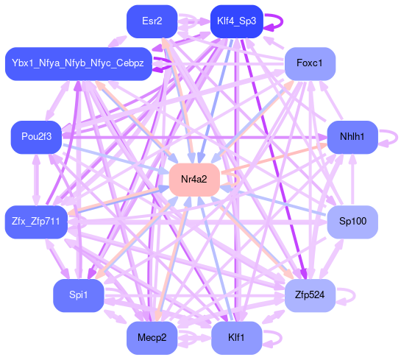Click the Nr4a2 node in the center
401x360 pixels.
click(x=194, y=180)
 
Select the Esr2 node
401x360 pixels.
click(x=152, y=21)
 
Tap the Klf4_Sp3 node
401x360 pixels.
click(x=237, y=21)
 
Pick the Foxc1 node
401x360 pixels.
click(x=310, y=63)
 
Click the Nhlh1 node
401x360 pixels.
click(x=352, y=137)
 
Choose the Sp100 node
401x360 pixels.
click(x=352, y=222)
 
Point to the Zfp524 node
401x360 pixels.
click(x=310, y=295)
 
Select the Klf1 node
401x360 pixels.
click(x=237, y=338)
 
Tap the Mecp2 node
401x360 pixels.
click(x=152, y=338)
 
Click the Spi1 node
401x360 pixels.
click(x=79, y=295)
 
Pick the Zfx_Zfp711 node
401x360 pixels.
click(x=36, y=222)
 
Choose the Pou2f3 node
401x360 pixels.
click(x=36, y=137)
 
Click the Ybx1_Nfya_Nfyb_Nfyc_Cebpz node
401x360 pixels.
click(x=79, y=63)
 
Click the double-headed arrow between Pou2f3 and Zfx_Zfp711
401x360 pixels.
click(x=36, y=180)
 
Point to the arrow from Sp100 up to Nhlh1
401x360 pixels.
click(x=352, y=180)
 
